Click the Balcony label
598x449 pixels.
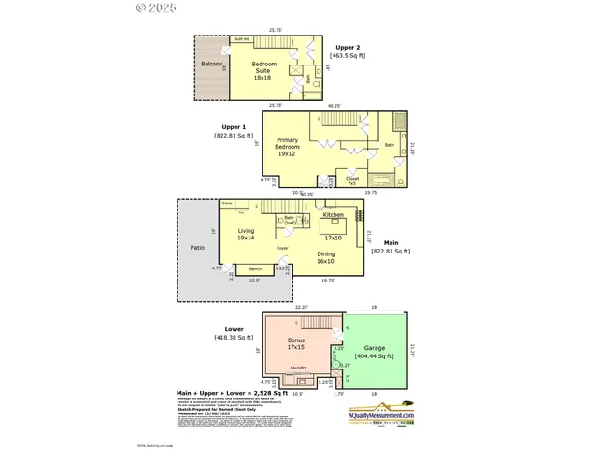pyautogui.click(x=211, y=65)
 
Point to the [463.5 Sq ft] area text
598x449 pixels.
pyautogui.click(x=348, y=56)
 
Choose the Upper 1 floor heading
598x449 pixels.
pyautogui.click(x=234, y=127)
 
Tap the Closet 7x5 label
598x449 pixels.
pyautogui.click(x=351, y=180)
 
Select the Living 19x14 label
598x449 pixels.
pyautogui.click(x=246, y=234)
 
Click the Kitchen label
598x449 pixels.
pyautogui.click(x=333, y=214)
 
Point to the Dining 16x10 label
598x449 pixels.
pyautogui.click(x=326, y=258)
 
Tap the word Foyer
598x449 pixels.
pyautogui.click(x=282, y=248)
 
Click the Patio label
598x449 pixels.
pyautogui.click(x=197, y=248)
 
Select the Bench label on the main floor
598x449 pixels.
pyautogui.click(x=254, y=268)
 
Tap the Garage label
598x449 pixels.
pyautogui.click(x=375, y=348)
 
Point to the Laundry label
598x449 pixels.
pyautogui.click(x=299, y=368)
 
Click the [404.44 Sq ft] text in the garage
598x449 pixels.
pyautogui.click(x=375, y=356)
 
